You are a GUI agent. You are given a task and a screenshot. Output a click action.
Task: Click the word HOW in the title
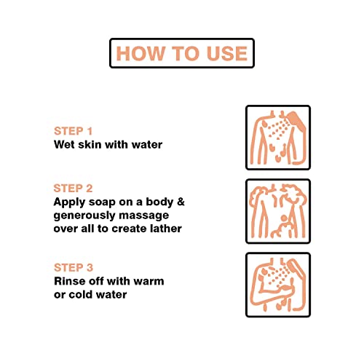141,53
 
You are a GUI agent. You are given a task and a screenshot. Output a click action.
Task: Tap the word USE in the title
227,53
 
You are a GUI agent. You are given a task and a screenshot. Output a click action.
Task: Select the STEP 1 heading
74,131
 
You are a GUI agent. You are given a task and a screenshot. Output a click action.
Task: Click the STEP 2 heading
73,189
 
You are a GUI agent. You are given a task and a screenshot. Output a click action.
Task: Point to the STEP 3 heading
74,268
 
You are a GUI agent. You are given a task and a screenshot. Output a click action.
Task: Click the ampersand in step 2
181,202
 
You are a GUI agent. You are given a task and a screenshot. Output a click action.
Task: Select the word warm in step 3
149,282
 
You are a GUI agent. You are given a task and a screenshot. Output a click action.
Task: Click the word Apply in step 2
69,202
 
